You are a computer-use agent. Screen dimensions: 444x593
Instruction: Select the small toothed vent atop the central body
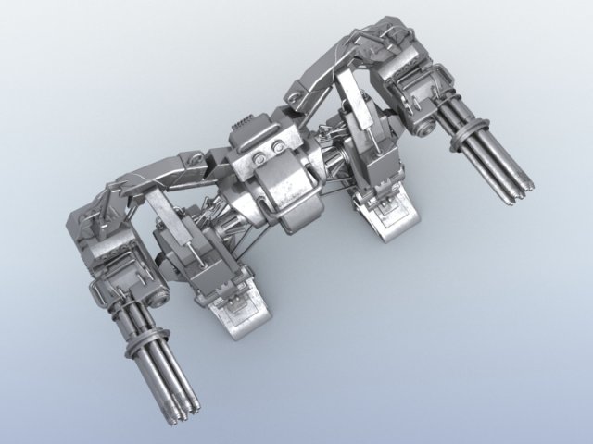[x=242, y=123]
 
